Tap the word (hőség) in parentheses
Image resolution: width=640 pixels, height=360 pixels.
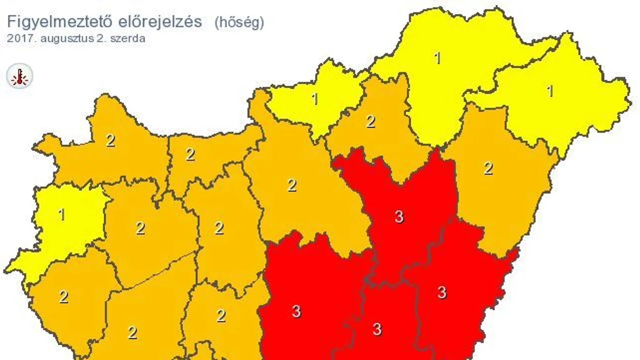239,22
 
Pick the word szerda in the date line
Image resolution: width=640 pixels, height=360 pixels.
129,38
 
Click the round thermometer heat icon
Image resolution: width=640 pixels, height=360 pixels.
19,76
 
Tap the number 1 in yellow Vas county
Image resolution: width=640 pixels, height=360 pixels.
61,215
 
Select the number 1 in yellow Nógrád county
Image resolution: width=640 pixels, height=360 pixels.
315,99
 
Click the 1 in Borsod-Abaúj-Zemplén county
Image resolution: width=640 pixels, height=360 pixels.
437,58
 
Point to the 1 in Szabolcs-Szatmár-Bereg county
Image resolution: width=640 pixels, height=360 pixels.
550,91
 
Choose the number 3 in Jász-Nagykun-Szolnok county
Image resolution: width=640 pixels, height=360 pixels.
399,217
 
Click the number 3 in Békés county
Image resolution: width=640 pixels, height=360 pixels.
442,293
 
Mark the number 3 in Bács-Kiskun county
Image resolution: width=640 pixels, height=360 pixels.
296,312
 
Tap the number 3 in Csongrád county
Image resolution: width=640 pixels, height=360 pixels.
377,329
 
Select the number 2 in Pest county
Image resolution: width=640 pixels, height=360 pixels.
292,185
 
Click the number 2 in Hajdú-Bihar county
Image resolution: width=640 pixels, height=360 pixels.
488,168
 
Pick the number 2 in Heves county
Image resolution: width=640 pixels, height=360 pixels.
371,122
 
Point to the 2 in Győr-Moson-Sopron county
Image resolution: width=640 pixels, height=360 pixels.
110,141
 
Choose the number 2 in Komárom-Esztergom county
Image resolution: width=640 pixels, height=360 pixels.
190,154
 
